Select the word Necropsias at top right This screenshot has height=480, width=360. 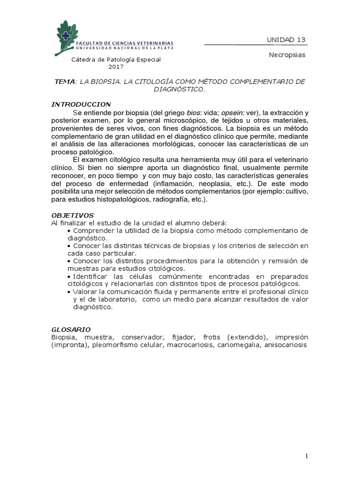[287, 55]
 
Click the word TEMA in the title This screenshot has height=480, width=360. [64, 82]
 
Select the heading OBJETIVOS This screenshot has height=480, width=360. [72, 215]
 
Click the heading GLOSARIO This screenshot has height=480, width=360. [71, 330]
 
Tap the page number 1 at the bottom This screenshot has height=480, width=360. [306, 456]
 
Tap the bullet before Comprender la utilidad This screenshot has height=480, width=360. [69, 231]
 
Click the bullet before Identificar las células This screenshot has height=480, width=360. [69, 277]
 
